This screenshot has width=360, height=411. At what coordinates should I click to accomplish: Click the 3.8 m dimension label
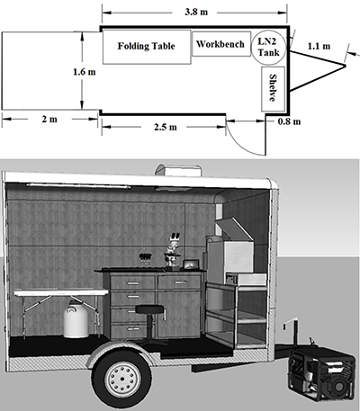click(x=196, y=12)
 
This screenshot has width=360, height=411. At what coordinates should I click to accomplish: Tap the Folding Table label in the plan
click(x=146, y=46)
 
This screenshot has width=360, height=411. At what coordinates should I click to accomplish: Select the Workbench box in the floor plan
click(x=221, y=44)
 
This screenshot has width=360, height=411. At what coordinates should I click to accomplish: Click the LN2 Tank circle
click(x=269, y=48)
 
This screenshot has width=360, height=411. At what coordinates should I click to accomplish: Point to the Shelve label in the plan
click(x=273, y=88)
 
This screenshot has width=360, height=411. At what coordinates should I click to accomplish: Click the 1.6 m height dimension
click(x=85, y=72)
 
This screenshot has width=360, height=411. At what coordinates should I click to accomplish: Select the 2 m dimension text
click(x=49, y=119)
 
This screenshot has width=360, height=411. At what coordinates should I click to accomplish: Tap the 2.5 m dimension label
click(x=166, y=127)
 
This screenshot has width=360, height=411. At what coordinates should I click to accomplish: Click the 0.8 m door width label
click(x=289, y=121)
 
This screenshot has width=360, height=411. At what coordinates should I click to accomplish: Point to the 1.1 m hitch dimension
click(x=319, y=46)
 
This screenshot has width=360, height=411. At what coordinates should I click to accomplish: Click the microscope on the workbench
click(x=172, y=250)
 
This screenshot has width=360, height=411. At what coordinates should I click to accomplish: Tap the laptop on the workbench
click(x=191, y=264)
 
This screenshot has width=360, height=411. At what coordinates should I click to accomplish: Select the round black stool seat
click(x=150, y=309)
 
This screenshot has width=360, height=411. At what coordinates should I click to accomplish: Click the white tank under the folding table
click(x=76, y=319)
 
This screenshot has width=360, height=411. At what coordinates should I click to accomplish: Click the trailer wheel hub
click(x=121, y=378)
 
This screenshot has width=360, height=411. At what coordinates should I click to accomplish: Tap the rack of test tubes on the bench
click(x=146, y=259)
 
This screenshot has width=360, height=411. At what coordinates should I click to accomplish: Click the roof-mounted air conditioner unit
click(x=177, y=171)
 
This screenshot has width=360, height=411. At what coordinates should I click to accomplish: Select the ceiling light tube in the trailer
click(x=78, y=186)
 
